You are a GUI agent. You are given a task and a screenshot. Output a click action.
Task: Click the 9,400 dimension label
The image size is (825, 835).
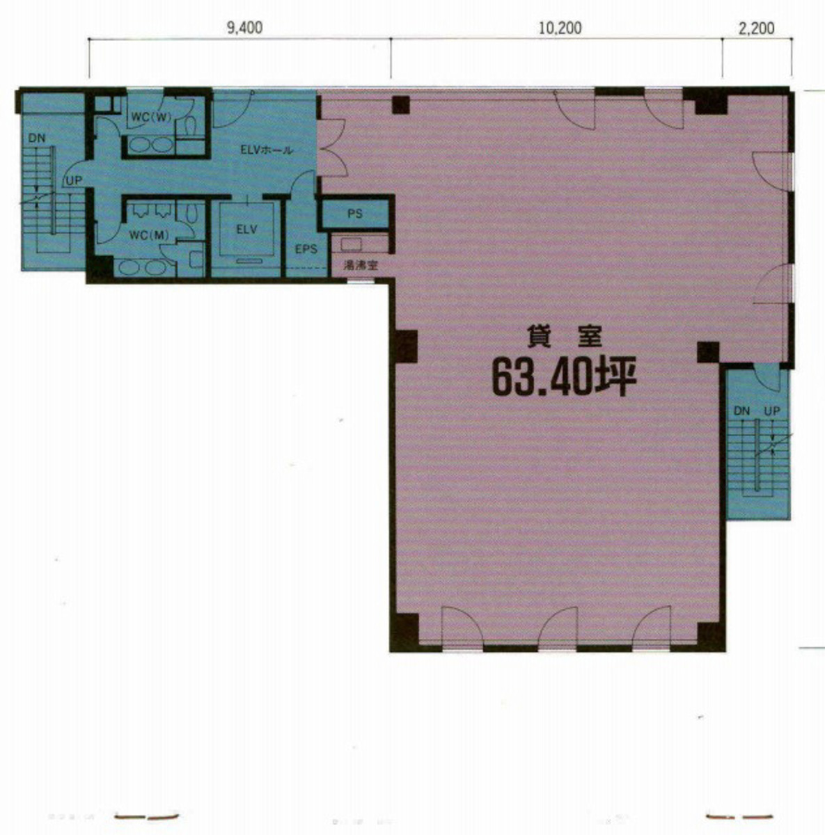[245, 29]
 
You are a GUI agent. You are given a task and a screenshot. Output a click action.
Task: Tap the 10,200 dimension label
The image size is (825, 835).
[560, 29]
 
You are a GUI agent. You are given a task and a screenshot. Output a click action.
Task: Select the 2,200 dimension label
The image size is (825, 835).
[756, 29]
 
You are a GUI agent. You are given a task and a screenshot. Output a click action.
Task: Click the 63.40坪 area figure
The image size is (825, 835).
[564, 376]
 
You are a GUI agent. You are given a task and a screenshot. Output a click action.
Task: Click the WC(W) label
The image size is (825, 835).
[151, 117]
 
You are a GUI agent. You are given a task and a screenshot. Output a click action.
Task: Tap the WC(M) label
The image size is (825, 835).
[149, 235]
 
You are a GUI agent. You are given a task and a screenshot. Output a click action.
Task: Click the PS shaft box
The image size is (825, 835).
[355, 214]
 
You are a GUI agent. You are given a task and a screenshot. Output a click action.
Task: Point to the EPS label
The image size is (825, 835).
[306, 248]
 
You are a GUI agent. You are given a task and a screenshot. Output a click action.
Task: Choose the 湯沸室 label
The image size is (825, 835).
[360, 265]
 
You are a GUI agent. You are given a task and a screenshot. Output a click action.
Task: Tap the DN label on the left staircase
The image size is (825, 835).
[37, 138]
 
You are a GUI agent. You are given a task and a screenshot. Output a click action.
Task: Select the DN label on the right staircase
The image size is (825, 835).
[741, 411]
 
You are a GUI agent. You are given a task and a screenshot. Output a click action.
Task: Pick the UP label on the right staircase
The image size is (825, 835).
[772, 411]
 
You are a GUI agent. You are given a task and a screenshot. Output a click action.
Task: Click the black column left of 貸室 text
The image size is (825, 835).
[405, 344]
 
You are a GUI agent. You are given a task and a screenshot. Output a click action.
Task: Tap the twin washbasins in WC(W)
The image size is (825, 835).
[150, 145]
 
